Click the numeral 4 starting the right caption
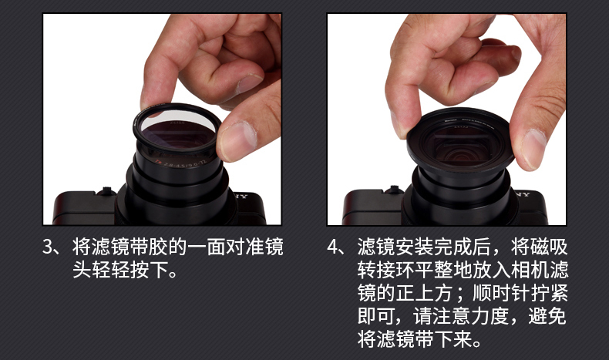(x=334, y=247)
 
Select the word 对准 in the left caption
(x=244, y=247)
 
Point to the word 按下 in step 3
(x=149, y=270)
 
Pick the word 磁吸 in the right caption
(x=548, y=247)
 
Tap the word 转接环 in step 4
(x=385, y=271)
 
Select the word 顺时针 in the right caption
(x=500, y=293)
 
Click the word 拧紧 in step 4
(x=548, y=293)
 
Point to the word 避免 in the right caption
(x=547, y=316)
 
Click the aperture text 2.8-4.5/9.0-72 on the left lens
(x=185, y=163)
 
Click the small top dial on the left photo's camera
(x=106, y=191)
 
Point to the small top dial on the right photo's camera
(x=393, y=190)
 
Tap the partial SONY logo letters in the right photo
(x=523, y=194)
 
